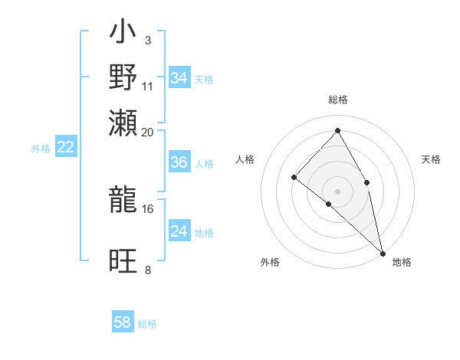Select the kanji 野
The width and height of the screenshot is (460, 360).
point(123,77)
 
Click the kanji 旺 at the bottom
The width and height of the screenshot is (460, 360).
point(123,260)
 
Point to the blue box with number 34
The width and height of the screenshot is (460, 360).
point(179,77)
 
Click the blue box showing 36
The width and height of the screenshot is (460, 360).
point(179,162)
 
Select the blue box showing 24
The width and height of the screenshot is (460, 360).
point(179,231)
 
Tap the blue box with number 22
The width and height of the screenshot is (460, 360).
point(65,148)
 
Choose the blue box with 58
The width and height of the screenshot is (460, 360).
point(123,322)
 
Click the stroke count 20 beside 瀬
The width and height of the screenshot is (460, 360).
point(148,132)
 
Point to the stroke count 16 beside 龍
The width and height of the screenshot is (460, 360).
point(148,208)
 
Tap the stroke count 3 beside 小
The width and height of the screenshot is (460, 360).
point(147,40)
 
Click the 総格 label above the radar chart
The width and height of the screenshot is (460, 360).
point(338,100)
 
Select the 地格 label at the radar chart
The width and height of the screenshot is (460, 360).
point(402,262)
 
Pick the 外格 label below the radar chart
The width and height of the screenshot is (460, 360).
point(270,262)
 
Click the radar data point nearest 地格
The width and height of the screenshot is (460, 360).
point(383,253)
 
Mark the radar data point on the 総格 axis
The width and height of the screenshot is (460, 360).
point(337,131)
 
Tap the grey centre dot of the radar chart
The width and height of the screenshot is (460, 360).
point(337,191)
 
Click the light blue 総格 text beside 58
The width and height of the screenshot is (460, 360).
point(147,324)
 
